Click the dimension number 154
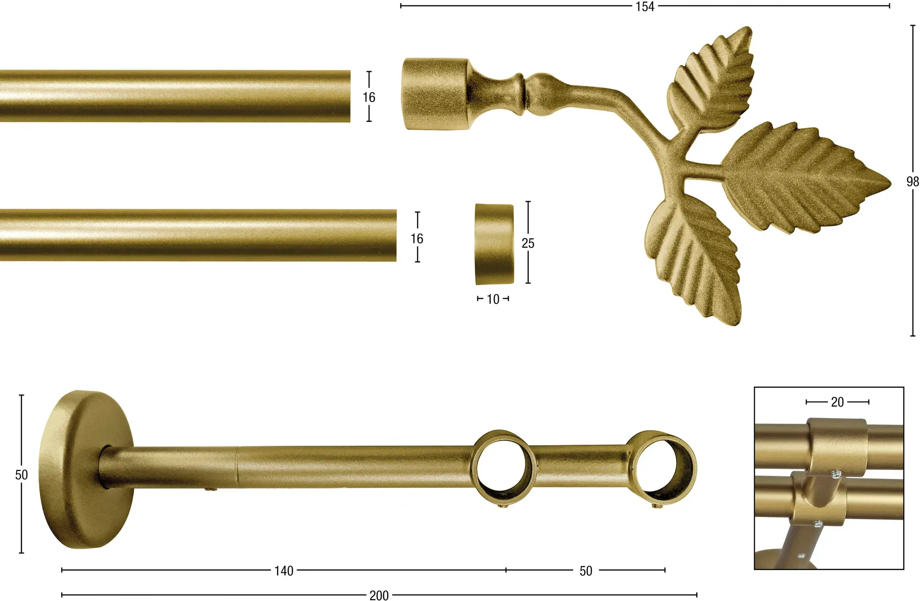[x=645, y=7]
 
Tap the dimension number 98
[x=912, y=181]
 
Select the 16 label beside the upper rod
[x=369, y=97]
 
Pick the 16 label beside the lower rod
[x=417, y=239]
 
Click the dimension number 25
[x=528, y=243]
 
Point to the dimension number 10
[x=493, y=299]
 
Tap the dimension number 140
[x=284, y=571]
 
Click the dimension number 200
[x=379, y=596]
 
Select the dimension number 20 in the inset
[x=837, y=402]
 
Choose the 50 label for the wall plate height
[x=22, y=475]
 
